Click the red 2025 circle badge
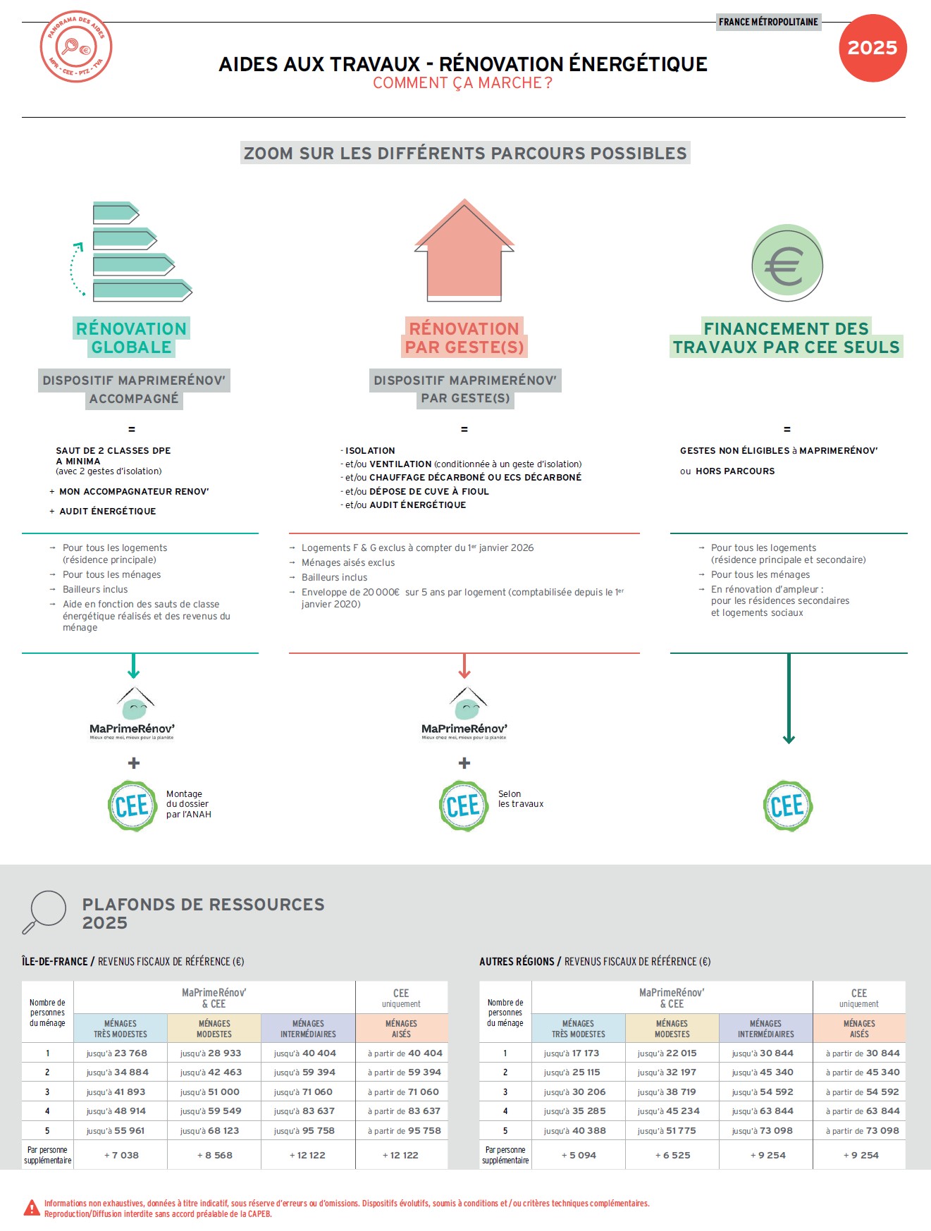tap(873, 48)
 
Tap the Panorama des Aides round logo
tap(76, 47)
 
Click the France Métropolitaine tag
tap(768, 22)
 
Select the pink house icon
tap(464, 250)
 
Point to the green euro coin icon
tap(787, 264)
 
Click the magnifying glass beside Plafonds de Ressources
tap(44, 912)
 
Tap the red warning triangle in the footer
tap(32, 1208)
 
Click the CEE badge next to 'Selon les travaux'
tap(464, 805)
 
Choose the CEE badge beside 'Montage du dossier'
tap(132, 805)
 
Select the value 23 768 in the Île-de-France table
tap(130, 1053)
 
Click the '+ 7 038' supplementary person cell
tap(121, 1155)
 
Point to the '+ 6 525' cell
tap(673, 1155)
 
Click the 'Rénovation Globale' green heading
tap(132, 338)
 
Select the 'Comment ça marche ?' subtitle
tap(462, 83)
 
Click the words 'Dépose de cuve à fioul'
tap(429, 491)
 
